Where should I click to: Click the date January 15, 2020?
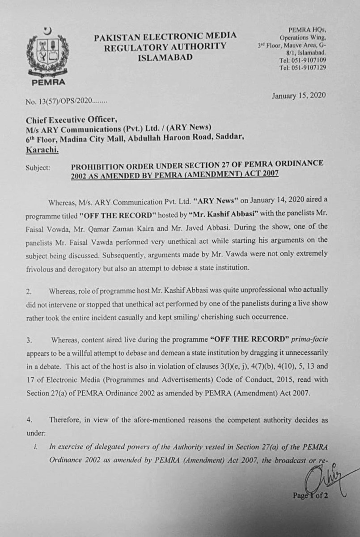pos(299,95)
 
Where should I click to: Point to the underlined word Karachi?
pos(42,150)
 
